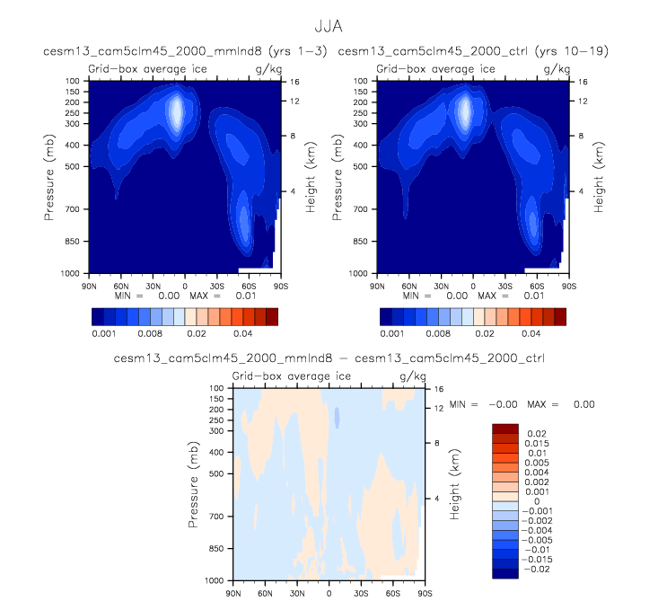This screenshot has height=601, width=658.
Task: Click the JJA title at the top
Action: (x=328, y=28)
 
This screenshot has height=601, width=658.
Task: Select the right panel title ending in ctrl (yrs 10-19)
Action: (x=473, y=52)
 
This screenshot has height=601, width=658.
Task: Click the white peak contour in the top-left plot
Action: (x=177, y=112)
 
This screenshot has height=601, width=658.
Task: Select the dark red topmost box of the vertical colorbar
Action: (x=505, y=428)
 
